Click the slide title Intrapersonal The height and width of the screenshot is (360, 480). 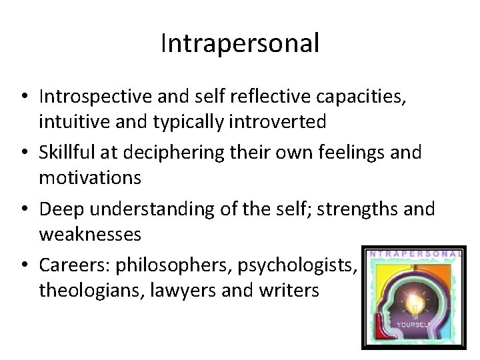pyautogui.click(x=240, y=45)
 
